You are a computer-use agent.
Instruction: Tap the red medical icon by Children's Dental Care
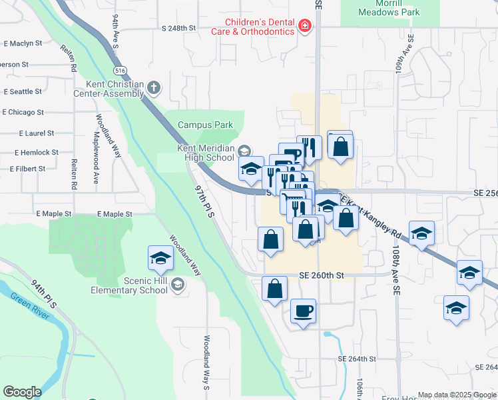[305, 26]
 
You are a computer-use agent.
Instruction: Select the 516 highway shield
[120, 69]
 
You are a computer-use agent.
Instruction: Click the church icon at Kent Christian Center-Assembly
[154, 87]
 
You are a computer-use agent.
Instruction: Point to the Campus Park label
[205, 125]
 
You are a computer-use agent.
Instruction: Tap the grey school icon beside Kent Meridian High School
[244, 150]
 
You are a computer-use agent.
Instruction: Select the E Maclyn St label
[23, 43]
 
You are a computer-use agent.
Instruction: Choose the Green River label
[29, 304]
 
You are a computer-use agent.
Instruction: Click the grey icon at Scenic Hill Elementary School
[177, 285]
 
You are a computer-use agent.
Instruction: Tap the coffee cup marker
[303, 311]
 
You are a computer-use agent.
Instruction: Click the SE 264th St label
[357, 359]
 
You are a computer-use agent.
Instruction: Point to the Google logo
[22, 392]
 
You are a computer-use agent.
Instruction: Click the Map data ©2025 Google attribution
[457, 395]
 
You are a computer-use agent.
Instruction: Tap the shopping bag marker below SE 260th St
[274, 289]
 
